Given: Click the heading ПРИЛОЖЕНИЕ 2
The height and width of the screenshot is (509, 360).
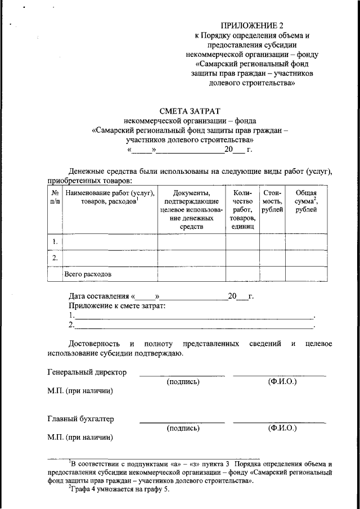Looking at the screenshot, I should pos(252,26).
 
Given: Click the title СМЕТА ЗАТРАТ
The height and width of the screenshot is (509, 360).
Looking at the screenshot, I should pos(190,111).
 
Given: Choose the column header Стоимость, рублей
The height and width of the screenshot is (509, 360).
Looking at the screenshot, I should pos(272,201).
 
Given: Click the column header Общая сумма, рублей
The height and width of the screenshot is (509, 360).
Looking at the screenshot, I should pos(306,201).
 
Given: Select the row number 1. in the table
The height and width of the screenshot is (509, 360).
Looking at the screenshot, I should pos(55,242).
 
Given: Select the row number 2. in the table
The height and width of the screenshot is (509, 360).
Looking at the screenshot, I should pos(55,258).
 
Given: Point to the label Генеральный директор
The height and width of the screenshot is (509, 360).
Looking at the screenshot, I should pos(87,372).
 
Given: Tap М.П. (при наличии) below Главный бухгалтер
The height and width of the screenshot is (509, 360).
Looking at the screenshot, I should pos(80,437).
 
